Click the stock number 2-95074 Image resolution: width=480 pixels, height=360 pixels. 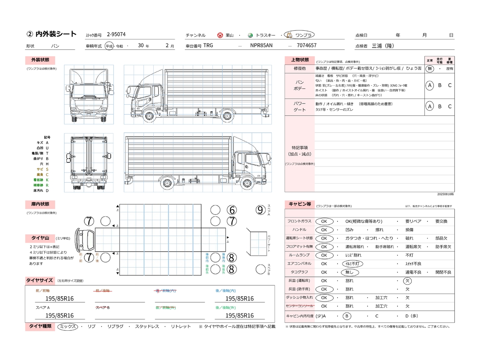(116, 34)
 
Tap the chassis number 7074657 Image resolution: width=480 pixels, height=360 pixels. (306, 45)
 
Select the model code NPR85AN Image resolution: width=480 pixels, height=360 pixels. (261, 45)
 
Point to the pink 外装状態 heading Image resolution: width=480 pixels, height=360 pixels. (40, 60)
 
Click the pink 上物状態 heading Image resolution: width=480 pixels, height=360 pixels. (300, 60)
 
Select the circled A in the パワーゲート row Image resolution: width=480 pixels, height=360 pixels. (430, 106)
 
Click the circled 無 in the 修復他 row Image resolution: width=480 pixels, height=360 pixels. (430, 69)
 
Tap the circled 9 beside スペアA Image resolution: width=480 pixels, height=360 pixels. (261, 210)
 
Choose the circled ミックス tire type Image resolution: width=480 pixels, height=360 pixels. (68, 327)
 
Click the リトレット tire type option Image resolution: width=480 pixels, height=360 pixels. (181, 327)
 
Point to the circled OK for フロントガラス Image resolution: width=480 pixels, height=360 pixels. (324, 221)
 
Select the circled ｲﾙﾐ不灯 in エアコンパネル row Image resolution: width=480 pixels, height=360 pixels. (352, 264)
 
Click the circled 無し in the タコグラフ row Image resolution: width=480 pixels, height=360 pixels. (349, 272)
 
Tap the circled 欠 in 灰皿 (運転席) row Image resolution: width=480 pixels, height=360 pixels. (407, 281)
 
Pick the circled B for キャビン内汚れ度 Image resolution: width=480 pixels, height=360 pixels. (347, 316)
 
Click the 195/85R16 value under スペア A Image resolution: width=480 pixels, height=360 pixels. (60, 316)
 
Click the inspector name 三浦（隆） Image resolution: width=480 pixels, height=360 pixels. (383, 46)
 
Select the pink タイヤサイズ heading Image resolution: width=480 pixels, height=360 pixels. (39, 280)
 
